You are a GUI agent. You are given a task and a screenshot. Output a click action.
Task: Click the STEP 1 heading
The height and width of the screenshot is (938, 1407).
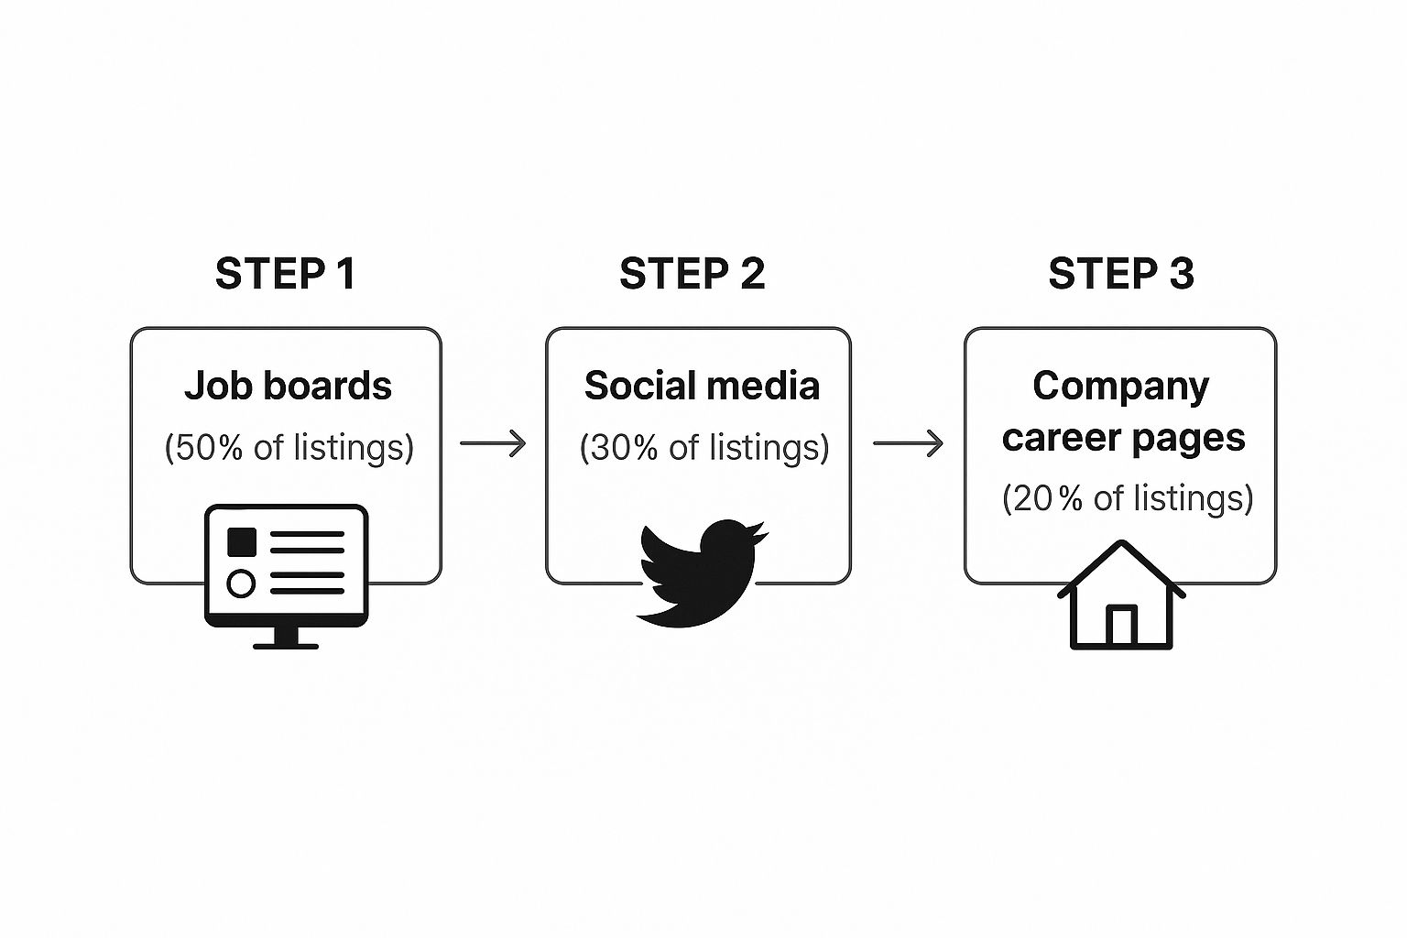coord(285,274)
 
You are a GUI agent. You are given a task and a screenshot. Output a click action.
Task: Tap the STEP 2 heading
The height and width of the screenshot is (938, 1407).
coord(692,274)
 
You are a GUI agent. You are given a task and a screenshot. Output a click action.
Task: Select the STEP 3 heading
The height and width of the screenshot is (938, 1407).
coord(1120,274)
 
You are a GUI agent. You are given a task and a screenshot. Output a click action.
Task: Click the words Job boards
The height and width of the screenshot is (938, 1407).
coord(288,386)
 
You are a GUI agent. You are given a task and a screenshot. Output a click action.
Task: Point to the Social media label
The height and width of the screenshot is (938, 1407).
coord(702,386)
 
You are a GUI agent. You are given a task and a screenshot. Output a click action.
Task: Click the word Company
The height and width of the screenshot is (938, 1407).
coord(1120,386)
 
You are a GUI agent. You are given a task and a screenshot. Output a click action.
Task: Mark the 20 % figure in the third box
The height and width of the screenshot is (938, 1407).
coord(1048,498)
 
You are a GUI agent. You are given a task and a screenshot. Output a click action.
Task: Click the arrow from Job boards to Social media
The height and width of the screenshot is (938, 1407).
coord(493,443)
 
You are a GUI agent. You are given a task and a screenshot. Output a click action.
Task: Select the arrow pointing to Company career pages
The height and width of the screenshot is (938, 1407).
coord(908,443)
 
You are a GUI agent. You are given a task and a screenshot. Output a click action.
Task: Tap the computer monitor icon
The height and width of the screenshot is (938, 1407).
coord(286,568)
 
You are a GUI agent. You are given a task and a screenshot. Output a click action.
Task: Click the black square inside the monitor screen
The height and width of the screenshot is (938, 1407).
coord(241,541)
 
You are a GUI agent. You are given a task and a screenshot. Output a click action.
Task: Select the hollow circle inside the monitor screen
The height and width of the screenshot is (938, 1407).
coord(240,584)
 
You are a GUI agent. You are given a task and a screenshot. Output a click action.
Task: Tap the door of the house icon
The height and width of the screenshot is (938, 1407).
coord(1121,627)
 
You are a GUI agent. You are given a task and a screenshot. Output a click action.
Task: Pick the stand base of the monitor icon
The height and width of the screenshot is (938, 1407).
coord(286,646)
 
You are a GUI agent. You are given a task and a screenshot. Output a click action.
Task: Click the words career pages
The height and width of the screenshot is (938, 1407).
coord(1123,438)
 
